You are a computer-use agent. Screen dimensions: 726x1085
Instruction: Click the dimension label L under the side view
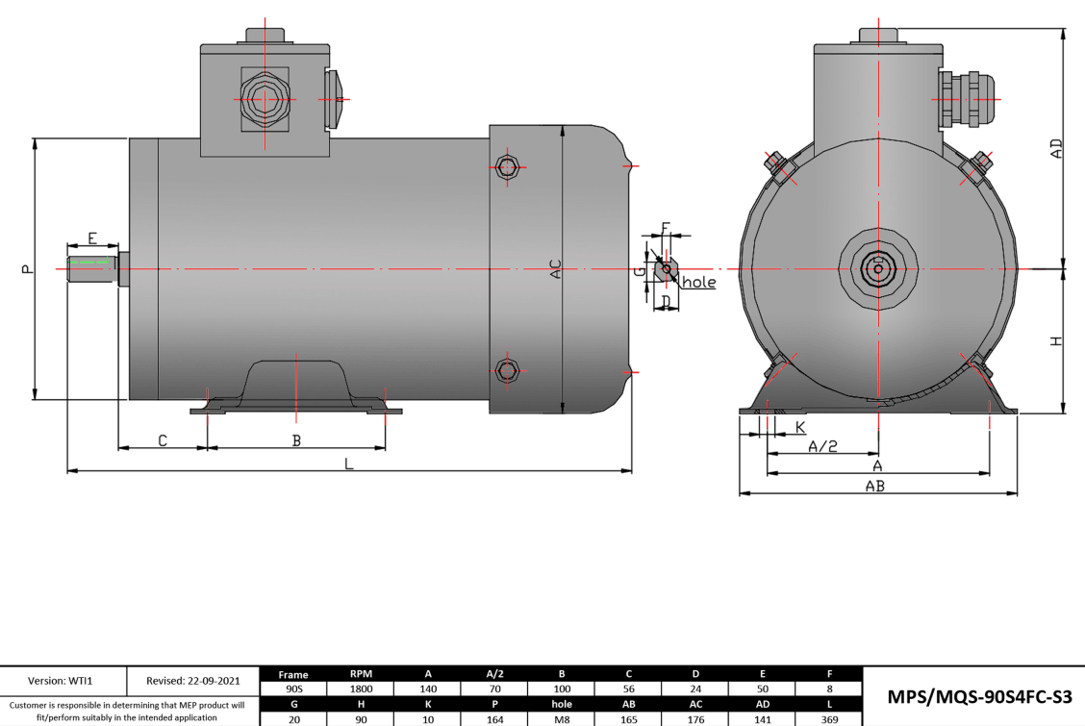(x=349, y=463)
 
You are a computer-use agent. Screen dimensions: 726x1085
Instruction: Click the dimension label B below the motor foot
(x=297, y=440)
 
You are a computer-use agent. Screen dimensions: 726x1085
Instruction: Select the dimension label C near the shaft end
(x=163, y=440)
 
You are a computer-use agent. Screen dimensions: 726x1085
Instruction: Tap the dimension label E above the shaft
(x=92, y=238)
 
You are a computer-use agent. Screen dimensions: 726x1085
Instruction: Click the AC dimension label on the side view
(x=555, y=269)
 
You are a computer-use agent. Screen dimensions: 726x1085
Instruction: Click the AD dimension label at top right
(x=1056, y=149)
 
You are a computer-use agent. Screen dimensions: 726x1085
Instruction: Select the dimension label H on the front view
(x=1056, y=341)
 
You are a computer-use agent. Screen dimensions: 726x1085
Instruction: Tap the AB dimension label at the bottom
(x=874, y=487)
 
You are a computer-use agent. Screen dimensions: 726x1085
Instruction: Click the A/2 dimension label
(x=822, y=446)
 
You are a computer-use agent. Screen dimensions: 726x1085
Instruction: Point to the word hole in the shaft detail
(x=698, y=283)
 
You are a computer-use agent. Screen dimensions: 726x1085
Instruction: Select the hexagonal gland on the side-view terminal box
(x=264, y=99)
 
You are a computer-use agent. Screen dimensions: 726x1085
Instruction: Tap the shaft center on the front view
(x=878, y=268)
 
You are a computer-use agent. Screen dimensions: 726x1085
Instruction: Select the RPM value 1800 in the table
(x=362, y=689)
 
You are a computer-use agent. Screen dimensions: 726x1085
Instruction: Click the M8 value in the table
(x=563, y=718)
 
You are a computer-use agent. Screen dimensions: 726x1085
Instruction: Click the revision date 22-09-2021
(x=192, y=681)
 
